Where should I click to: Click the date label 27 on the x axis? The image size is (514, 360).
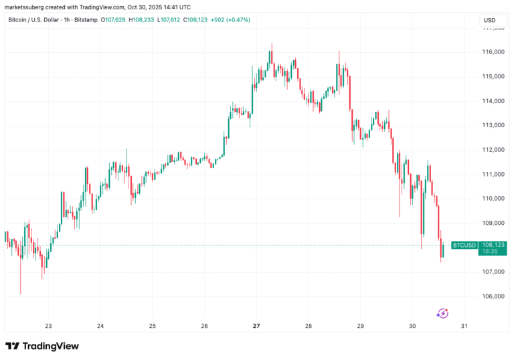pos(256,326)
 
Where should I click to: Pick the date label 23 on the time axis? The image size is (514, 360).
pos(48,326)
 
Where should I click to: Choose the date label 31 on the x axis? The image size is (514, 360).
pos(464,326)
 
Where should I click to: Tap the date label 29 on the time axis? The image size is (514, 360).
pos(360,326)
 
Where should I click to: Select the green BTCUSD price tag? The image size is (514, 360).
pos(464,246)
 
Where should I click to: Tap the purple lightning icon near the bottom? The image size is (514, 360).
pos(442,312)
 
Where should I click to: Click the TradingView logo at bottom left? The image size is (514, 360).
pos(42,346)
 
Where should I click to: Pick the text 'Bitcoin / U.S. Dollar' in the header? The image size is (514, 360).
pos(33,20)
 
